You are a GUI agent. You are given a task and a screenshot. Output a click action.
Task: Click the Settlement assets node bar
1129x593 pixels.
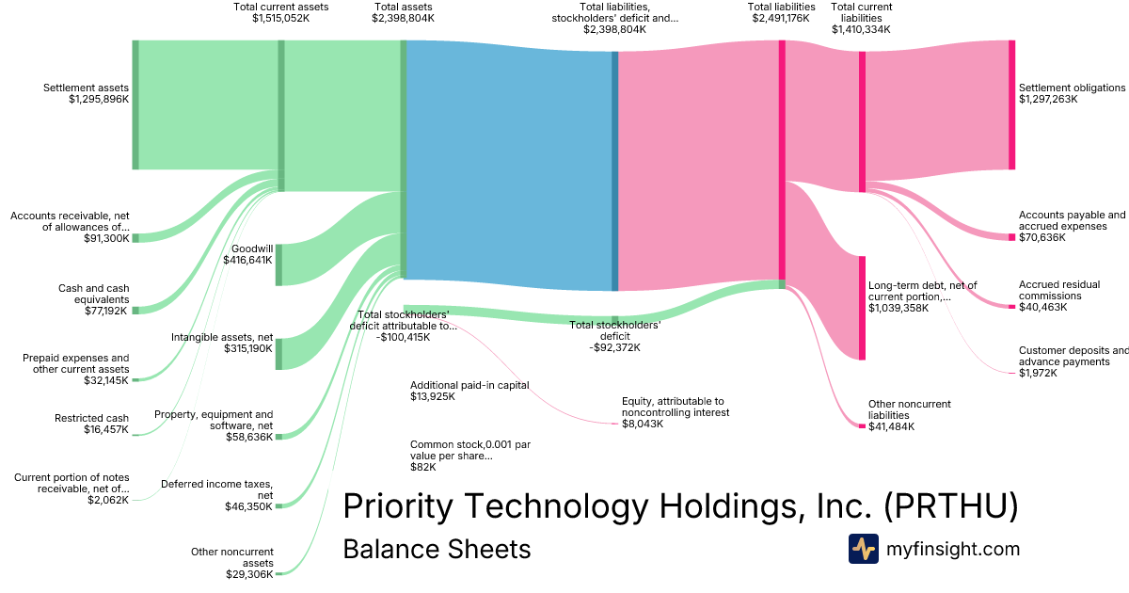(135, 104)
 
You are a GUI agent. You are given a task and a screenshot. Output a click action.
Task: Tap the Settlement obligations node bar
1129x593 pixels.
(1011, 104)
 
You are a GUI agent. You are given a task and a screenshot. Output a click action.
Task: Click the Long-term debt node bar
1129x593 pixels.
(862, 307)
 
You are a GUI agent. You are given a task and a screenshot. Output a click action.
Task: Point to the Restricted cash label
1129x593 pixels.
(91, 419)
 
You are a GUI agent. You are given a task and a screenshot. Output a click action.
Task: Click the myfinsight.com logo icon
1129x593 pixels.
(863, 549)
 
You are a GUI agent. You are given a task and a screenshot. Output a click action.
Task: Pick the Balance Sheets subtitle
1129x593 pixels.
(437, 549)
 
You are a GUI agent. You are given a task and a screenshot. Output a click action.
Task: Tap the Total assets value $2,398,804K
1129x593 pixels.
(403, 18)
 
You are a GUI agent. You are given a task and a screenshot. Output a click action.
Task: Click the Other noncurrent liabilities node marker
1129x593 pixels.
(862, 426)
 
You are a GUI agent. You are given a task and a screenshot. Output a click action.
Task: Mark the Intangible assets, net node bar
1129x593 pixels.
(278, 353)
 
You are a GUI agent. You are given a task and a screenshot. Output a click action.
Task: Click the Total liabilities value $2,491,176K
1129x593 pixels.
(781, 18)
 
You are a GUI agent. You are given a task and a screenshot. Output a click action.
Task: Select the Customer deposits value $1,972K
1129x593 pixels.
(1038, 374)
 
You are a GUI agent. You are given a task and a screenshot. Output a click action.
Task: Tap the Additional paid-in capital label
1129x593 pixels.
(469, 385)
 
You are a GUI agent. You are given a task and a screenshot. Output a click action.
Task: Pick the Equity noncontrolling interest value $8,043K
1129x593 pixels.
(643, 424)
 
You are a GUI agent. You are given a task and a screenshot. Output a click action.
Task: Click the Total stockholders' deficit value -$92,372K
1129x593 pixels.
(615, 347)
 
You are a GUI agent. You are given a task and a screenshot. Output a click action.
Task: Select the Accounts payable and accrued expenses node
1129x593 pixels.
(1011, 237)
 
